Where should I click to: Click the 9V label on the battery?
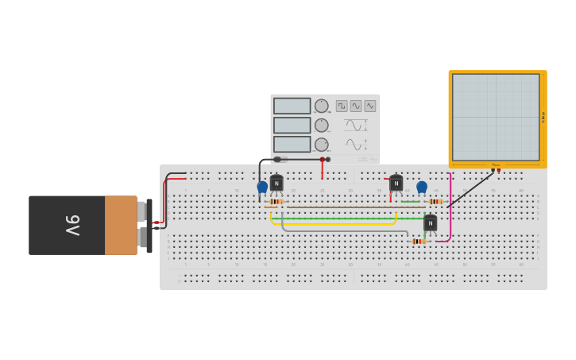pyautogui.click(x=72, y=226)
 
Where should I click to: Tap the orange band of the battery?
pyautogui.click(x=121, y=226)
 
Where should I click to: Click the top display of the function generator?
pyautogui.click(x=292, y=106)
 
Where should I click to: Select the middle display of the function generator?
pyautogui.click(x=292, y=125)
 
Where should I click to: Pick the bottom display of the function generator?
pyautogui.click(x=292, y=144)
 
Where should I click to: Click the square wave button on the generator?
pyautogui.click(x=342, y=106)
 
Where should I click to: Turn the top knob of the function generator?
pyautogui.click(x=321, y=106)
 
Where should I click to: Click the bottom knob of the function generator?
pyautogui.click(x=321, y=145)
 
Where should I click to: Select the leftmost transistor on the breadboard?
pyautogui.click(x=276, y=183)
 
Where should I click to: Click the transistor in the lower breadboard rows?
pyautogui.click(x=430, y=223)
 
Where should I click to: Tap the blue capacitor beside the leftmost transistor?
pyautogui.click(x=262, y=187)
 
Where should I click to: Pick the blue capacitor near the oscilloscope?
pyautogui.click(x=422, y=187)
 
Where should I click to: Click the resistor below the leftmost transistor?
pyautogui.click(x=275, y=202)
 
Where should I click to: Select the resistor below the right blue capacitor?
pyautogui.click(x=435, y=202)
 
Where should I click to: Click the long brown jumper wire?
pyautogui.click(x=350, y=207)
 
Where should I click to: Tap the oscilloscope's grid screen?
pyautogui.click(x=496, y=117)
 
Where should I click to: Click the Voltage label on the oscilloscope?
pyautogui.click(x=543, y=117)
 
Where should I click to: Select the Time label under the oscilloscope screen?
pyautogui.click(x=496, y=165)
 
